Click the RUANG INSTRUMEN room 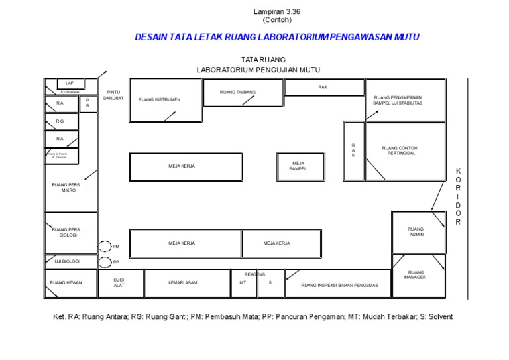(165, 100)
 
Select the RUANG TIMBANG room (238, 93)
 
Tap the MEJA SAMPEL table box (300, 166)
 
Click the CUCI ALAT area (119, 283)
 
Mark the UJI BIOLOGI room (70, 261)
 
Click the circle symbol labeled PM (105, 247)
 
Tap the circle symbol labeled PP (105, 263)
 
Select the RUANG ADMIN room (416, 232)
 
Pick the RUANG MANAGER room (416, 274)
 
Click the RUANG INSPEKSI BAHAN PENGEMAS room (339, 284)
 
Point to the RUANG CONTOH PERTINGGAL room (404, 151)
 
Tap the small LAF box (69, 83)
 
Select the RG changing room (60, 121)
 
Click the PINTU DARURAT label (113, 95)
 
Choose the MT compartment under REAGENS (243, 284)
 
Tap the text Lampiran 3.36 (272, 11)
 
